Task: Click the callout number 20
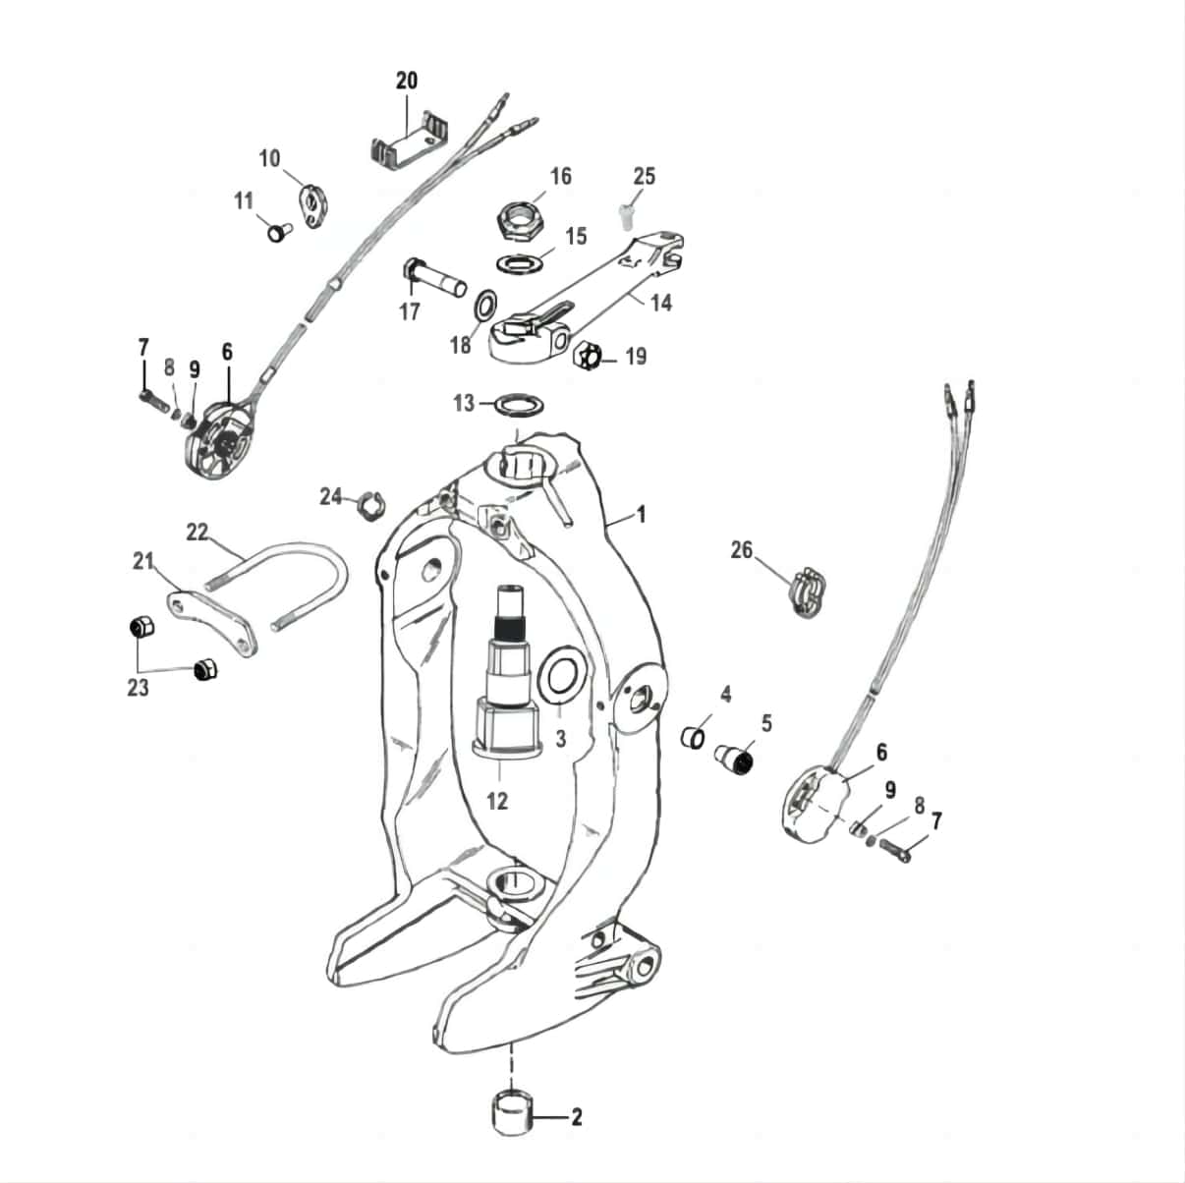click(x=407, y=81)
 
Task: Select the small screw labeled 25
click(x=625, y=212)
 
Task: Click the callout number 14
click(x=661, y=303)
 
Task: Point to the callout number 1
click(x=642, y=514)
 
